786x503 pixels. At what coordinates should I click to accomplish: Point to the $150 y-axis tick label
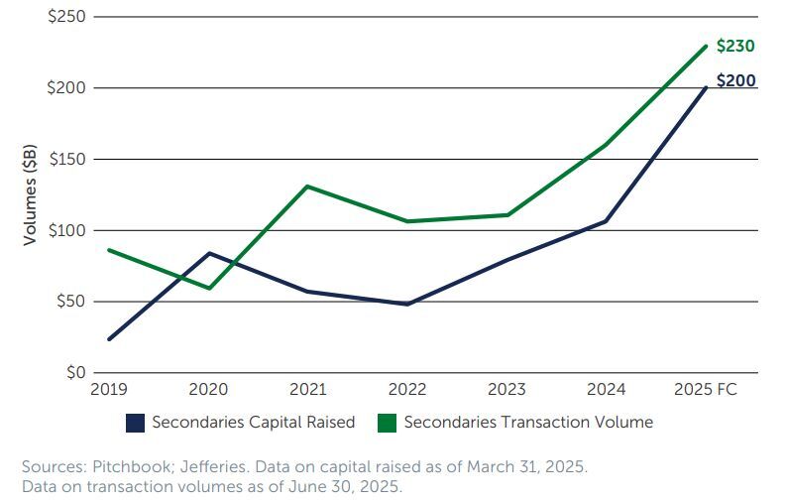tap(66, 159)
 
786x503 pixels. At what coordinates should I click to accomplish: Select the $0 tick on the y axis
tap(74, 373)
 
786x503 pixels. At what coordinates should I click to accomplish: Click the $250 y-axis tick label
tap(66, 17)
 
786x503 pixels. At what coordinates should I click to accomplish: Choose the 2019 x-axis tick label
tap(108, 390)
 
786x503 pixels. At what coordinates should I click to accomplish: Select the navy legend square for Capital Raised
tap(135, 423)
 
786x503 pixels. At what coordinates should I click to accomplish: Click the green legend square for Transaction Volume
tap(387, 423)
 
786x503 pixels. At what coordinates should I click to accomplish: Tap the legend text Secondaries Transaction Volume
tap(528, 423)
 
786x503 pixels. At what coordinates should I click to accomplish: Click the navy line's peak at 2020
tap(209, 253)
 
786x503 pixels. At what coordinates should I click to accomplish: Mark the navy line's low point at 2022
tap(407, 304)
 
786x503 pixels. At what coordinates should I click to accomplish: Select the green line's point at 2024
tap(606, 145)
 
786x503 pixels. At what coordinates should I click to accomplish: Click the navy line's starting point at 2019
tap(109, 339)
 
